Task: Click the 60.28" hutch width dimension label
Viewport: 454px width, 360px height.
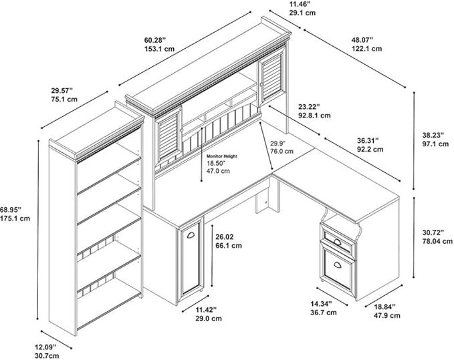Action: [155, 39]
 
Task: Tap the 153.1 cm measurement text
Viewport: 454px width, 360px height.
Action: [160, 49]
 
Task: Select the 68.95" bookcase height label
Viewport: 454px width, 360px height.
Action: [11, 209]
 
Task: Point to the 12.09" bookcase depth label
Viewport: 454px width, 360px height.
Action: [45, 347]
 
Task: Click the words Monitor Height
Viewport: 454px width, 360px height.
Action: [222, 156]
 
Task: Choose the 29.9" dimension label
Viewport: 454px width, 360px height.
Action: [278, 143]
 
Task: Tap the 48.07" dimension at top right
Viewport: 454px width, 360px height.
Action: [362, 39]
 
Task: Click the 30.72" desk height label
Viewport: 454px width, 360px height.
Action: [433, 232]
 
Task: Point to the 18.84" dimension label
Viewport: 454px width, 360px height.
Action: [384, 306]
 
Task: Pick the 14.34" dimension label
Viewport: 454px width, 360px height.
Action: [321, 304]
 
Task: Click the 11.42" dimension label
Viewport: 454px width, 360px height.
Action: [206, 310]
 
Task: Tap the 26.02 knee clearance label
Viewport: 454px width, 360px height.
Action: [225, 237]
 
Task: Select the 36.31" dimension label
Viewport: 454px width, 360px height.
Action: [368, 140]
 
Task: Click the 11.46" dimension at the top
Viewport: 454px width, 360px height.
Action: [300, 5]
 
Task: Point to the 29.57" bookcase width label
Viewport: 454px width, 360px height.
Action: [62, 91]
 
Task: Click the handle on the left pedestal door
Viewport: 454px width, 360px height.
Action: [191, 235]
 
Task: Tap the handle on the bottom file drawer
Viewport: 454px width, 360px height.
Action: [337, 264]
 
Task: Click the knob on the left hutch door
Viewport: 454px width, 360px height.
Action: [182, 130]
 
